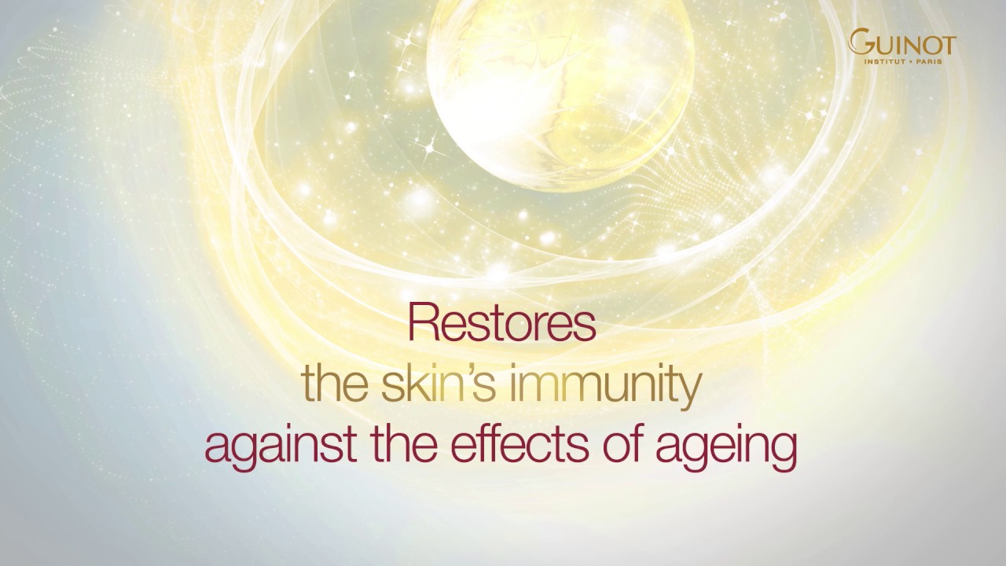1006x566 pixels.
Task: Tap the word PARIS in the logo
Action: click(940, 58)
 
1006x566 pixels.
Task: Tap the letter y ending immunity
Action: click(689, 391)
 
